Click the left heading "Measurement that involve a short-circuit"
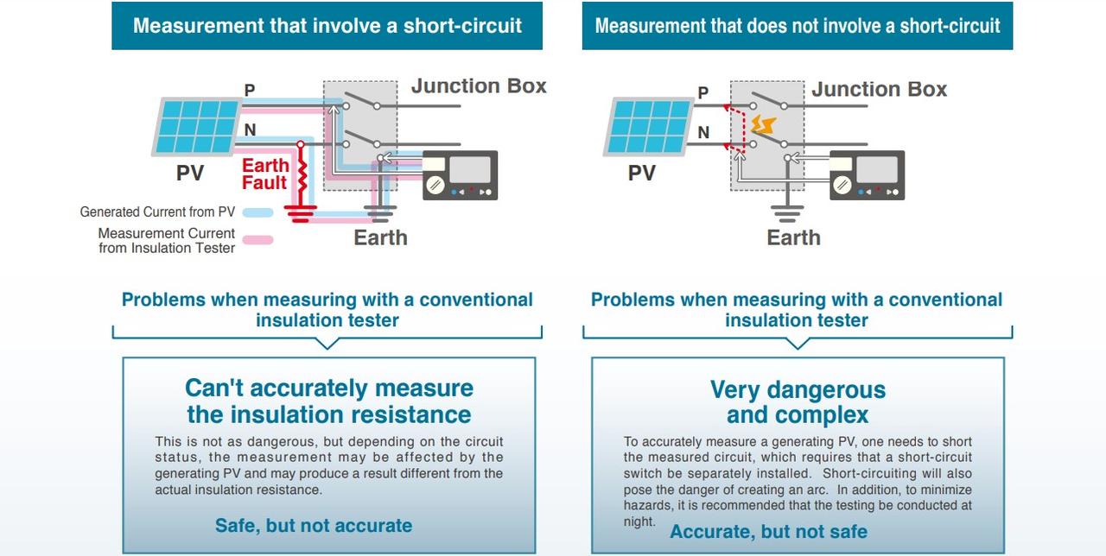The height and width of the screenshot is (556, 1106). (327, 25)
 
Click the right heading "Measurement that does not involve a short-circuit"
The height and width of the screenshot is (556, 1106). (797, 25)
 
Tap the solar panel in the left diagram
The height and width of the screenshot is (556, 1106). (195, 126)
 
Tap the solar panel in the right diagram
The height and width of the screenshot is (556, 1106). (647, 126)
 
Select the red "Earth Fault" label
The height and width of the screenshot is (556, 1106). (264, 174)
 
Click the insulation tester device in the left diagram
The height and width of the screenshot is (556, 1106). (460, 175)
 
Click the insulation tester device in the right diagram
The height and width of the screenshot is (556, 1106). (867, 175)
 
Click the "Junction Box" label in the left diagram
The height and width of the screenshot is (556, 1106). (479, 86)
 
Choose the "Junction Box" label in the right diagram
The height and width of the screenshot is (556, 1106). (879, 90)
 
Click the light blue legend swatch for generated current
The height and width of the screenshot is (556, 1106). (257, 212)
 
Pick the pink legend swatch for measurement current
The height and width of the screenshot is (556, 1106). (257, 241)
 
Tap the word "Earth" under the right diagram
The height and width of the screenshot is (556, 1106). (793, 237)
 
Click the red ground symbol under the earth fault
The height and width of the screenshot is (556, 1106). (301, 212)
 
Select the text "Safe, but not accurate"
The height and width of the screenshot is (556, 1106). (314, 525)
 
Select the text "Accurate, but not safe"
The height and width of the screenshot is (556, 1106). (768, 531)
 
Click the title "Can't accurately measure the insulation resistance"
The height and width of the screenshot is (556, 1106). (328, 401)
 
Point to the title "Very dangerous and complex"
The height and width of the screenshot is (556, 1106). (798, 402)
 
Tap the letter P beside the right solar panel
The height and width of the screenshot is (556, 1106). (702, 92)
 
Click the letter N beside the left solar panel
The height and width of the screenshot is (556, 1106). (250, 130)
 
